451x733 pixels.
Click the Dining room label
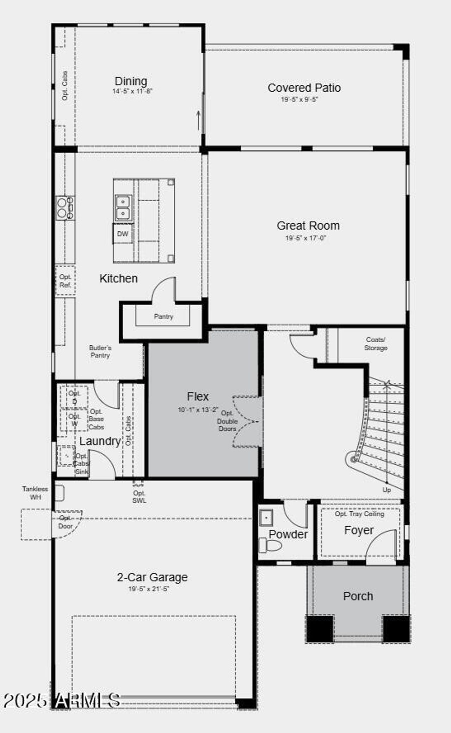point(131,81)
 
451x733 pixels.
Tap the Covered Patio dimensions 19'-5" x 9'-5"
point(299,99)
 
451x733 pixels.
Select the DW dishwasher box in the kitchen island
point(123,234)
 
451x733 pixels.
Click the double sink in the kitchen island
point(123,208)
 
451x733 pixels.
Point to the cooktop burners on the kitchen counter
point(65,208)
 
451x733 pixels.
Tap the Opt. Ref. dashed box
point(65,281)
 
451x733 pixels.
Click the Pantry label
point(163,316)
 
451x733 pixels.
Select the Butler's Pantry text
point(100,352)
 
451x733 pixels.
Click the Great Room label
point(308,226)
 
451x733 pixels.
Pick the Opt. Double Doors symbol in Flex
point(247,422)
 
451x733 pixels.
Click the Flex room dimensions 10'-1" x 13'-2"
point(198,410)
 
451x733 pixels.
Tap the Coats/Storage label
point(376,344)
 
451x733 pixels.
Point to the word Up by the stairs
point(387,490)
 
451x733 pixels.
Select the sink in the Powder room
point(266,518)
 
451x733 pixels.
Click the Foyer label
point(359,530)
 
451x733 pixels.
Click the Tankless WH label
point(35,493)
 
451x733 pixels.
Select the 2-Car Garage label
point(152,577)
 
